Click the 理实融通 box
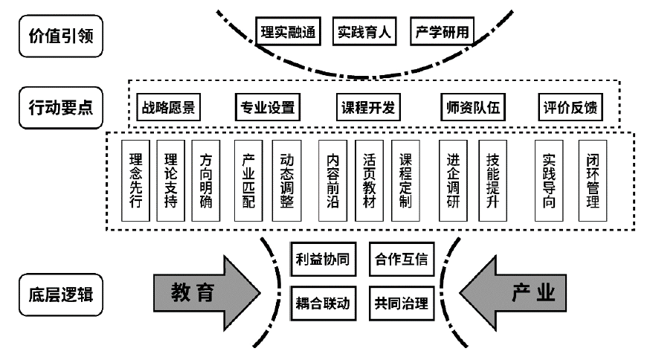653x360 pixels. [289, 33]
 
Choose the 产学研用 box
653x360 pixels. [440, 33]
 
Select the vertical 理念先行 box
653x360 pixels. [135, 181]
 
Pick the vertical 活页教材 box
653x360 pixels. [370, 181]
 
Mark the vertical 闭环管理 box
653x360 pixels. [593, 181]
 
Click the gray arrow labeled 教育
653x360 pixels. [201, 293]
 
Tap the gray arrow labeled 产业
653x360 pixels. [521, 293]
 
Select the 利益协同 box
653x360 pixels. [320, 260]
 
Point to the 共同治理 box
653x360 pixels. [402, 303]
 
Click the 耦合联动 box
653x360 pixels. [320, 303]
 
